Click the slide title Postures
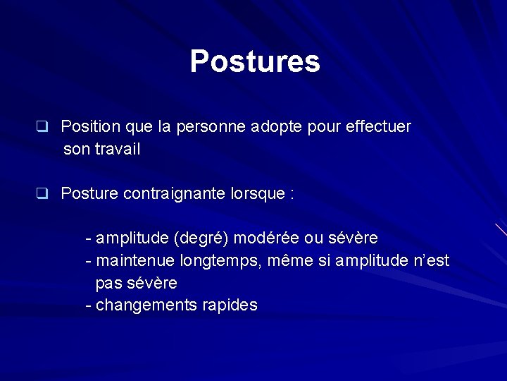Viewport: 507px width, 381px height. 255,61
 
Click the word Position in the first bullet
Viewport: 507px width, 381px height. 90,127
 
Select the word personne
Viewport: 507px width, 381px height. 209,127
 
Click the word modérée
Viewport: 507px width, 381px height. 268,237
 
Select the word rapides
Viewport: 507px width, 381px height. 230,306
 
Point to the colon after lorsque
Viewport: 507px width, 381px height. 292,195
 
